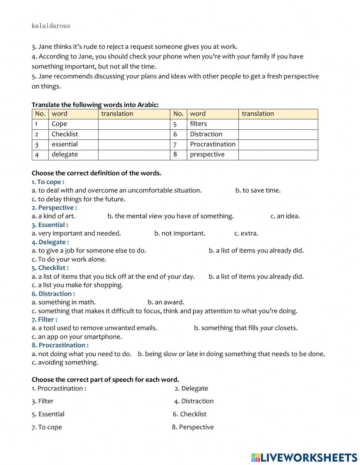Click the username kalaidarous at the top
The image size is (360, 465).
click(51, 26)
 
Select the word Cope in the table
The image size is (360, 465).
click(59, 124)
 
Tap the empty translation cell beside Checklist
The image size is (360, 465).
click(134, 134)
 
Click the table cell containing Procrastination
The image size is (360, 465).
click(212, 144)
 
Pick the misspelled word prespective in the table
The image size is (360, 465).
click(207, 155)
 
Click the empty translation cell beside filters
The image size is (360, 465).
click(278, 124)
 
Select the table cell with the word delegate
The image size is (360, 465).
click(65, 155)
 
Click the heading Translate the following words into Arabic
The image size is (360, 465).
click(95, 105)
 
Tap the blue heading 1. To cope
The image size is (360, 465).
click(48, 182)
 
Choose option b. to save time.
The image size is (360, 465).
click(258, 191)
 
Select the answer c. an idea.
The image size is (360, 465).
click(285, 216)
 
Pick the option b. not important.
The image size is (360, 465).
click(180, 233)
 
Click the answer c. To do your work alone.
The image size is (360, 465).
click(69, 259)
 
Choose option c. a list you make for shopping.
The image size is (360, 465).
click(77, 285)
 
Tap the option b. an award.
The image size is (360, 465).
click(166, 302)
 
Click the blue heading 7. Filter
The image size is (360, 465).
click(44, 319)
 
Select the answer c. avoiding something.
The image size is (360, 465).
click(65, 362)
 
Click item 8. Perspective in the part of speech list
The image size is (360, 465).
click(193, 427)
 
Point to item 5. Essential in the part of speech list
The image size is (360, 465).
click(48, 414)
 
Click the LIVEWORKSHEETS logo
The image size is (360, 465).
click(304, 457)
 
